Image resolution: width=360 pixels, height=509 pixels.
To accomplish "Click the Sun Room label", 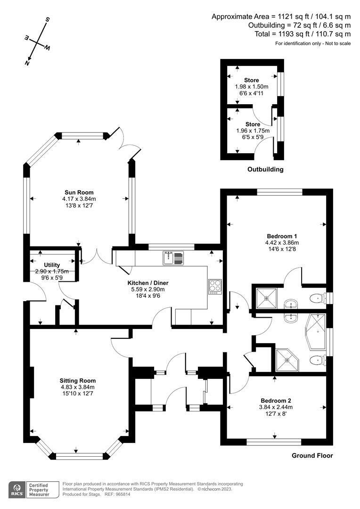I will pos(79,192).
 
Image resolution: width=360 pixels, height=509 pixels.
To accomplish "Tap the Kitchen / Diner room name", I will pos(148,283).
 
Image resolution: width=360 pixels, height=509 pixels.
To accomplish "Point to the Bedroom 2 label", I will pos(276,401).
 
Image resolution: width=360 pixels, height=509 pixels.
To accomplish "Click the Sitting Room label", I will pos(78,381).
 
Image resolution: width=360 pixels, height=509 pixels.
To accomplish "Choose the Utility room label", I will pos(52,265).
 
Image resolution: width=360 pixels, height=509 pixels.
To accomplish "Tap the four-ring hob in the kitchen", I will pos(214,287).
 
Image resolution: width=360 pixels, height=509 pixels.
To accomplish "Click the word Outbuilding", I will pos(266,169).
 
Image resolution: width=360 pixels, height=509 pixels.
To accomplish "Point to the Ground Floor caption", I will pos(312,455).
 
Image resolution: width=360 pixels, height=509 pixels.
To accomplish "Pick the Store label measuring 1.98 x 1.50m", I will pos(252,80).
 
